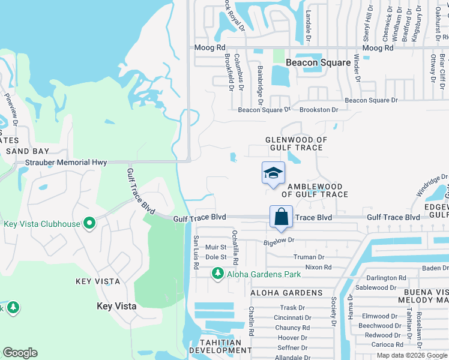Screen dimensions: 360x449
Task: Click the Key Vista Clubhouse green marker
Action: point(89,224)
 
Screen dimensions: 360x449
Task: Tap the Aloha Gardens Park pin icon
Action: point(217,274)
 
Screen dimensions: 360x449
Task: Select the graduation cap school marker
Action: point(273,173)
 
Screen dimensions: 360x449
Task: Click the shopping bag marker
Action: point(281,216)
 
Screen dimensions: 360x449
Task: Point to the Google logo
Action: point(20,353)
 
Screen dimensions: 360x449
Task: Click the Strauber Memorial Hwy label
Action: point(66,163)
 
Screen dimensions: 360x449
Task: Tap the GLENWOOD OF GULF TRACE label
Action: point(297,144)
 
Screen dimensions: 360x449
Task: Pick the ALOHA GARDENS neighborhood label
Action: point(286,293)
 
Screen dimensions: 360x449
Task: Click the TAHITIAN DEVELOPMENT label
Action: point(220,347)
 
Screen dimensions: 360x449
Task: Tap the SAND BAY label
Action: point(27,151)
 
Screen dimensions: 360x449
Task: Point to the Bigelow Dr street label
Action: point(279,240)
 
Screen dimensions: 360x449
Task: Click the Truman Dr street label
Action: point(309,257)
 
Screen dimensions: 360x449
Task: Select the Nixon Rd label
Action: point(318,267)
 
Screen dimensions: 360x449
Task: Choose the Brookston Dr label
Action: point(319,110)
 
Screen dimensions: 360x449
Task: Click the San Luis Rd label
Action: point(196,247)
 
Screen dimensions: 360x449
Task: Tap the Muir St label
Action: point(215,247)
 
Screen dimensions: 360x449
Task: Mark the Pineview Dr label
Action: point(12,109)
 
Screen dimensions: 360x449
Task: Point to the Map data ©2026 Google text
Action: point(411,355)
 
